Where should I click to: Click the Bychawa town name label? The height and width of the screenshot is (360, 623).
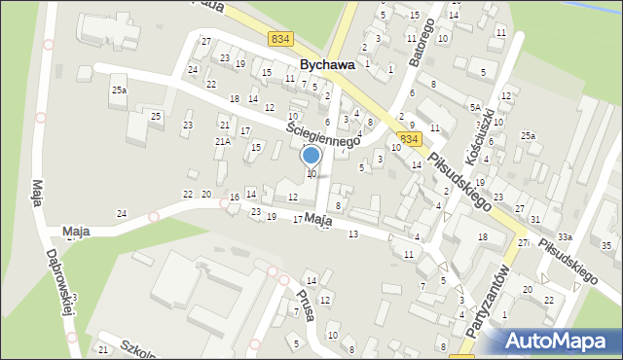coord(326,65)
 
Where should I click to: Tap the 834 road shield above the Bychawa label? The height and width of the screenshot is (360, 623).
coord(281,39)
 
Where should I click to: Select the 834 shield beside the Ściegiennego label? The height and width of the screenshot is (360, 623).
coord(410,139)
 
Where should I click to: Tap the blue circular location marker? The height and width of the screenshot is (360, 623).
coord(311,156)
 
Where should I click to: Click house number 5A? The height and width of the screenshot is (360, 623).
coord(475,107)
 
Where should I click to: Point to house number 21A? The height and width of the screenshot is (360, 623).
coord(223,142)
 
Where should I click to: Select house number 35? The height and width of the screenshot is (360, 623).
coord(606,245)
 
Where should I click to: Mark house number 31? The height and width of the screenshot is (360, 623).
coord(535,219)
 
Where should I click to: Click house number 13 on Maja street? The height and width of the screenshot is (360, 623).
coord(352,234)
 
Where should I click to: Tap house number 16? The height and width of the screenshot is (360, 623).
coord(234,198)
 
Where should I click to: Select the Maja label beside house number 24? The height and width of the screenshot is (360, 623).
coord(76,232)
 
